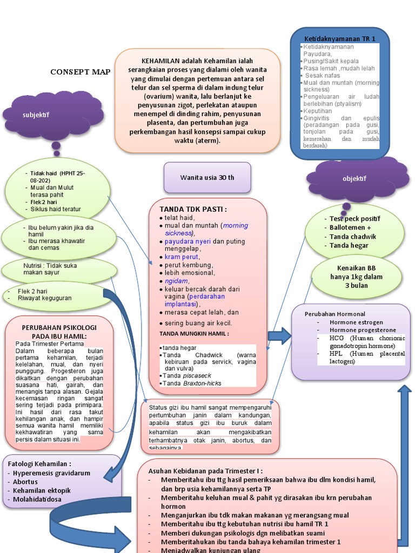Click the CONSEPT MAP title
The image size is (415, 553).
[80, 72]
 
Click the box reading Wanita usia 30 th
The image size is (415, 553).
[207, 177]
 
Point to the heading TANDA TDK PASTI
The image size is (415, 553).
[193, 209]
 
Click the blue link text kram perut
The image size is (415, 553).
[182, 257]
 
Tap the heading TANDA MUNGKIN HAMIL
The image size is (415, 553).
[194, 334]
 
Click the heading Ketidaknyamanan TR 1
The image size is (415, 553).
[339, 39]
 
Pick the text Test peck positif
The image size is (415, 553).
[355, 219]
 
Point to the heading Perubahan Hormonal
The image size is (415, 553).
[335, 314]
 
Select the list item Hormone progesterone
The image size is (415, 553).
[363, 330]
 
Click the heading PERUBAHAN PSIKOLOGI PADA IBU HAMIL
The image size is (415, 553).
[59, 332]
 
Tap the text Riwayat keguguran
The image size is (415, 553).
[44, 298]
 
